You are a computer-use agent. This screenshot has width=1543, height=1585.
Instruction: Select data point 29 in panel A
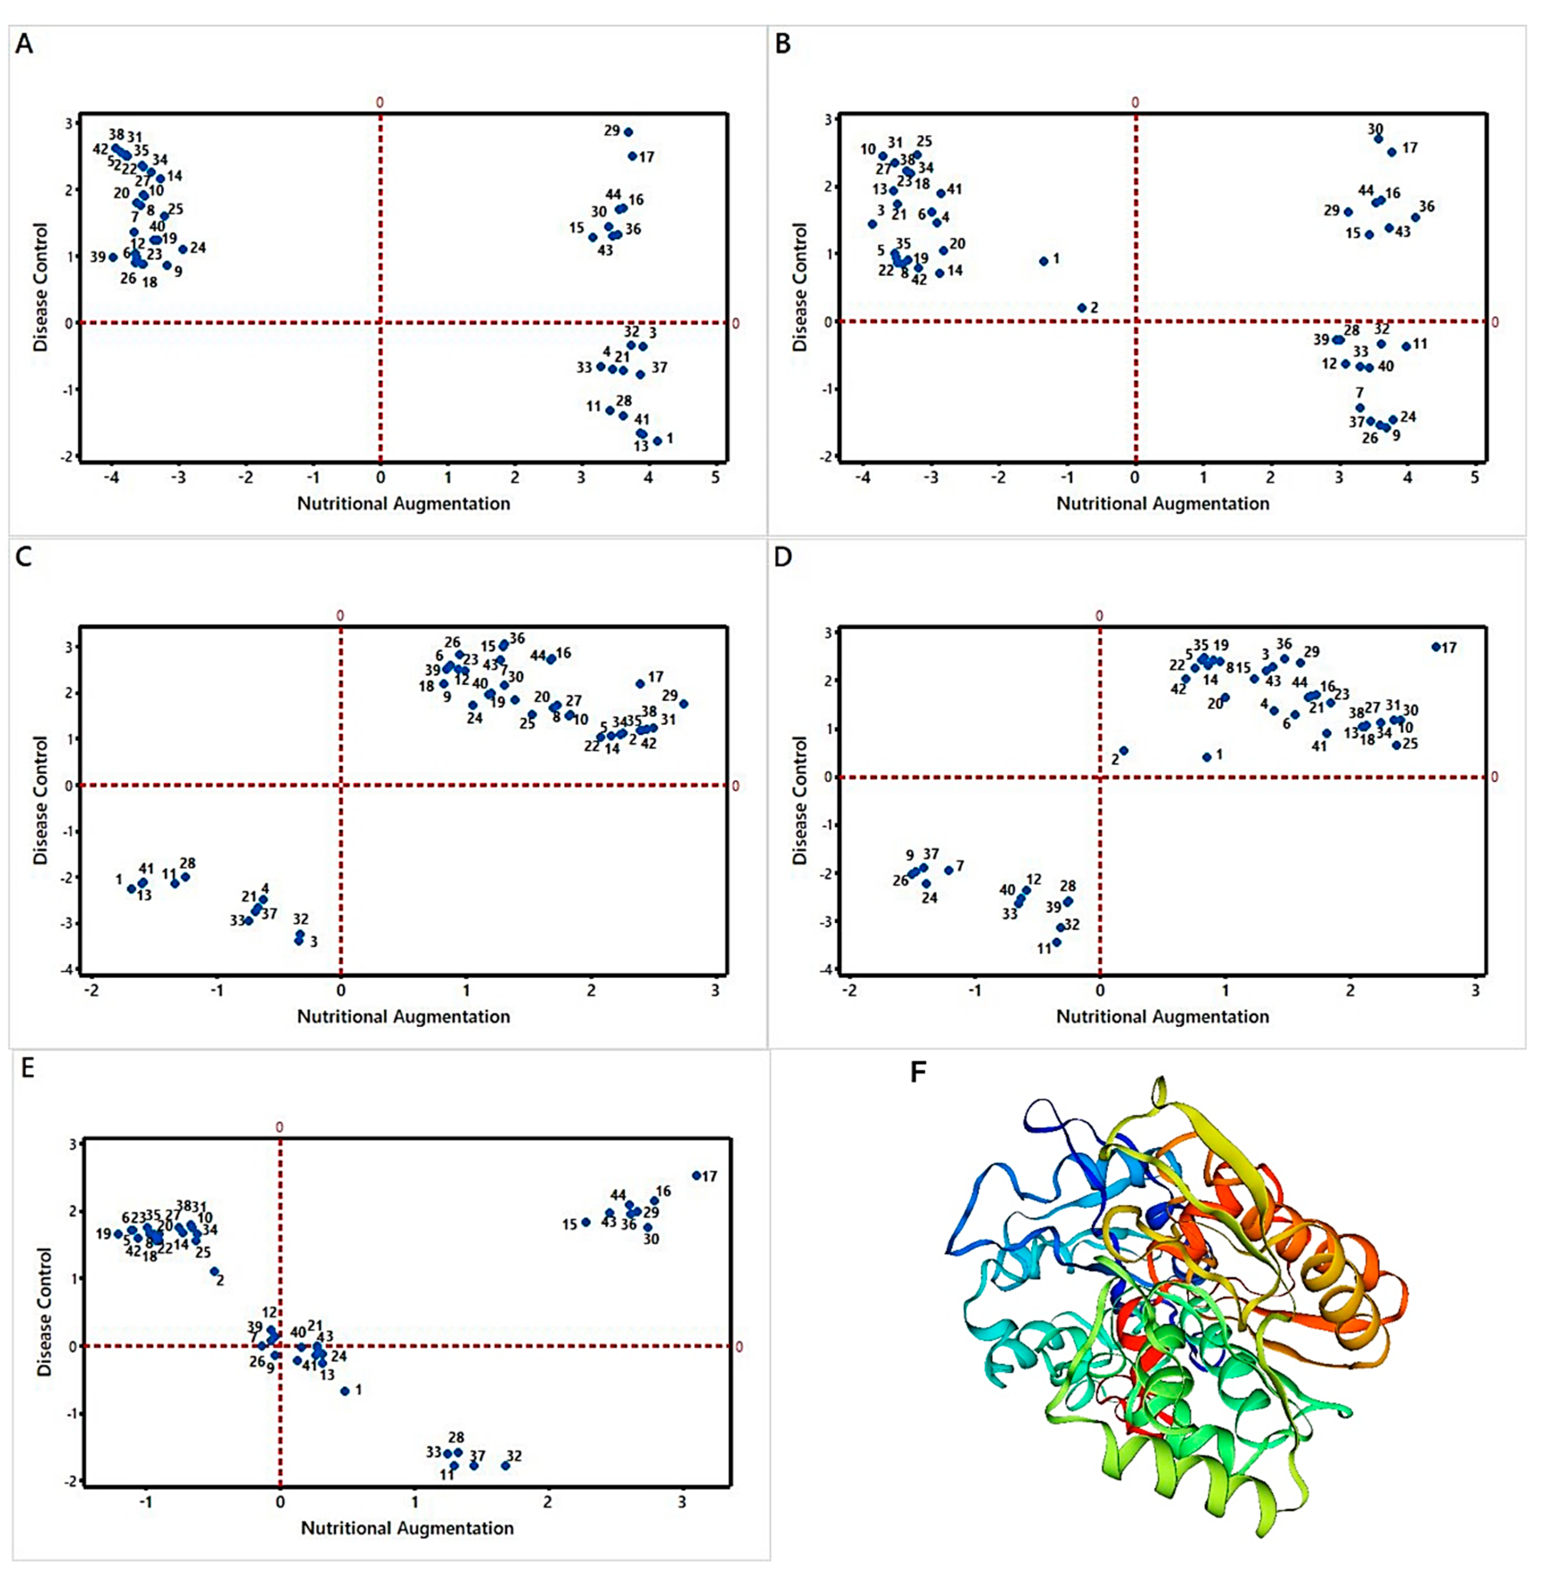point(628,132)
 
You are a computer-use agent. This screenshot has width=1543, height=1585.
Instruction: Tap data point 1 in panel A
point(657,441)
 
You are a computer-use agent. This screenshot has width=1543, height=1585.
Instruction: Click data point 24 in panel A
point(183,250)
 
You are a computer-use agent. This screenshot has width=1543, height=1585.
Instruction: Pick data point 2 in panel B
point(1081,308)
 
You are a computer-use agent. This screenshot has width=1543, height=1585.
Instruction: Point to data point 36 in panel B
point(1415,217)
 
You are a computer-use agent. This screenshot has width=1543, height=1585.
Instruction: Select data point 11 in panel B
point(1406,346)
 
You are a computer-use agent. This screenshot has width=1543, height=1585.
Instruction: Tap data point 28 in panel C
point(185,877)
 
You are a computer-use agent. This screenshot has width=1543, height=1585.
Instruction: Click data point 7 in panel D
point(949,870)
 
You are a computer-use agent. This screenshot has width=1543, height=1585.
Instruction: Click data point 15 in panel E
point(586,1222)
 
